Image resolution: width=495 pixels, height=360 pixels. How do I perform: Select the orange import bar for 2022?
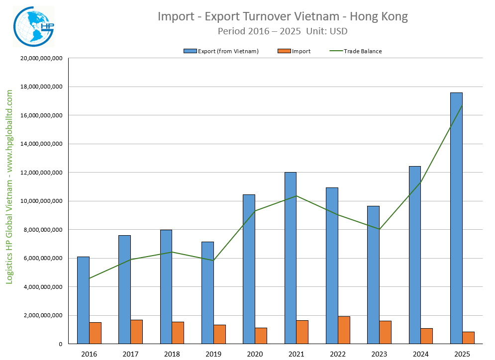[x=344, y=330]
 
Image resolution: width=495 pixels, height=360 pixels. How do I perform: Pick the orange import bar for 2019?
[x=219, y=334]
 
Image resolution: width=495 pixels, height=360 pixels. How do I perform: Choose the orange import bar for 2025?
[x=468, y=338]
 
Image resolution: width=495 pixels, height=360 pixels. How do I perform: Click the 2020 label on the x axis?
[x=255, y=354]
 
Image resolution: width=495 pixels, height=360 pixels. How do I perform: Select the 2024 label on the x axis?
[x=420, y=354]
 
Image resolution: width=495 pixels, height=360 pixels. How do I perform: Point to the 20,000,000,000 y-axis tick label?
[x=41, y=58]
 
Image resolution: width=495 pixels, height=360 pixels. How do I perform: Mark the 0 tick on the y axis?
[x=60, y=344]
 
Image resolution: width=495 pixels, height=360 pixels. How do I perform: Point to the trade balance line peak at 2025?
[x=462, y=105]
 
